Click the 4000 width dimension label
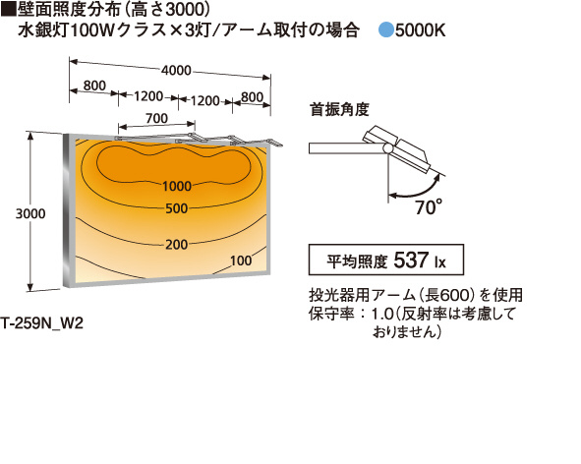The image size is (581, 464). tap(176, 70)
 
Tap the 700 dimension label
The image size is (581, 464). tap(156, 118)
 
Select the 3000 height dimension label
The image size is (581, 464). tap(30, 213)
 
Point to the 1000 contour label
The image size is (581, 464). tap(177, 186)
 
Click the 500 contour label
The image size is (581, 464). tap(176, 208)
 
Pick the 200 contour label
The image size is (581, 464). tap(176, 244)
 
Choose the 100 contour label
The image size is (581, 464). tap(241, 261)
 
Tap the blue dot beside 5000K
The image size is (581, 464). tap(385, 29)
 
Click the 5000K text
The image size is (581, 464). tap(420, 30)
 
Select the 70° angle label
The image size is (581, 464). tap(429, 207)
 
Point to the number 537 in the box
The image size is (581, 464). tap(411, 260)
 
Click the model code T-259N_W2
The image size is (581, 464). tap(41, 323)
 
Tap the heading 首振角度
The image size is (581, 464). tap(339, 110)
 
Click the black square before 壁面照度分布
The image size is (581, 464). tap(8, 10)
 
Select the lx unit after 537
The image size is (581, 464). tap(440, 262)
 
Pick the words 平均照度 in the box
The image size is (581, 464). tap(357, 261)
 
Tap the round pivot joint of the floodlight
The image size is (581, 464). tap(388, 148)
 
